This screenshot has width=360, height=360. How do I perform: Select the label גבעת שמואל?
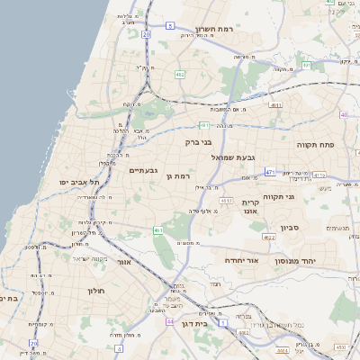pos(233,157)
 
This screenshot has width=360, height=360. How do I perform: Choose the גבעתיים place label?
pos(145,170)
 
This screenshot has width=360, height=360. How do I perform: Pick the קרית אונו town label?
pos(250,209)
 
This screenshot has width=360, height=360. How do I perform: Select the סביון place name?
pos(295,228)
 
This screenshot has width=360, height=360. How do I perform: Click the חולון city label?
pos(96,291)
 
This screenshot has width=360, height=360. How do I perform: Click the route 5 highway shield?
pos(169,25)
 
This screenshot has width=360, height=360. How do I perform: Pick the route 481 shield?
pos(205,125)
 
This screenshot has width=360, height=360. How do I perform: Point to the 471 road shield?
pos(270,171)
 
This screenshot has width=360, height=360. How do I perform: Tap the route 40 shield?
pos(344,115)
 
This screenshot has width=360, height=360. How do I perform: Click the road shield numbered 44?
pos(169,319)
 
